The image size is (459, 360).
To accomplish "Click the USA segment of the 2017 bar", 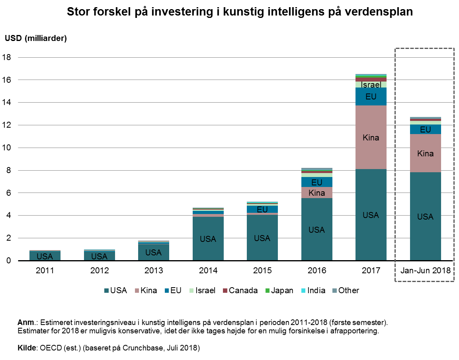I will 371,215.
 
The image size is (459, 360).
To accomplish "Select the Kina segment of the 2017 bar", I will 371,137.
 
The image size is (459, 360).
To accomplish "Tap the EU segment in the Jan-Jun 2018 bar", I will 425,129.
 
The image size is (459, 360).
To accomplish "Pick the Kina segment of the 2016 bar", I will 316,193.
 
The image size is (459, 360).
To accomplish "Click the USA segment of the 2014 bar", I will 208,239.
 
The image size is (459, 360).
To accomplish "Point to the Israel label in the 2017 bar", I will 371,84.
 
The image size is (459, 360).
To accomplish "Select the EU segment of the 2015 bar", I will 262,209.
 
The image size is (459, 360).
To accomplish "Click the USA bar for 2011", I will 45,256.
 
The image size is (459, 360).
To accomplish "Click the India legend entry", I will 314,290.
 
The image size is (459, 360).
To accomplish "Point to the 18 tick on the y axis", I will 9,57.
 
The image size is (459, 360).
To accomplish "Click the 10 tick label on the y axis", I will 9,148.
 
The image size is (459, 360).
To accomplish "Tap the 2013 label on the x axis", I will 153,271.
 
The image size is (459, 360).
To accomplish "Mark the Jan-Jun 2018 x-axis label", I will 425,271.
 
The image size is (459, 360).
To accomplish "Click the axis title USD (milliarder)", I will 36,38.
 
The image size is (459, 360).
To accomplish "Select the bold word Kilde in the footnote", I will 27,348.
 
